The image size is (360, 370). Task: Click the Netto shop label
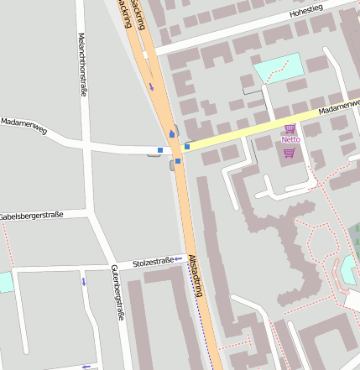point(290,139)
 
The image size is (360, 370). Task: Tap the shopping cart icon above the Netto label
point(290,128)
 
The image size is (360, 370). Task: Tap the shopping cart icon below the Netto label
point(290,153)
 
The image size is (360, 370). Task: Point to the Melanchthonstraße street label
point(82,65)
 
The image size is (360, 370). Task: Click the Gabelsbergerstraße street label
point(32,215)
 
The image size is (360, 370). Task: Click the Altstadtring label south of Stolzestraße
point(196,276)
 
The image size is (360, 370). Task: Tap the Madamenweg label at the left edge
point(23,124)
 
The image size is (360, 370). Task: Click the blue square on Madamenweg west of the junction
point(160,150)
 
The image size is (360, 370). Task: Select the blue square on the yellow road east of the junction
point(187,147)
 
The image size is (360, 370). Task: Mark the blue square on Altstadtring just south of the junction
point(178,161)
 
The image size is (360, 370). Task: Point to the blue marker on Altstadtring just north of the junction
point(173,132)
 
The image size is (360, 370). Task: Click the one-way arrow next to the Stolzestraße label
point(178,259)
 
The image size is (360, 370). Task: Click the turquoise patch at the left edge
point(5,282)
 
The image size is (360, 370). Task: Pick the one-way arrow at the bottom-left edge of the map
point(86,366)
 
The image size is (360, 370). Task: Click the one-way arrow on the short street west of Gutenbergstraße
point(84,281)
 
